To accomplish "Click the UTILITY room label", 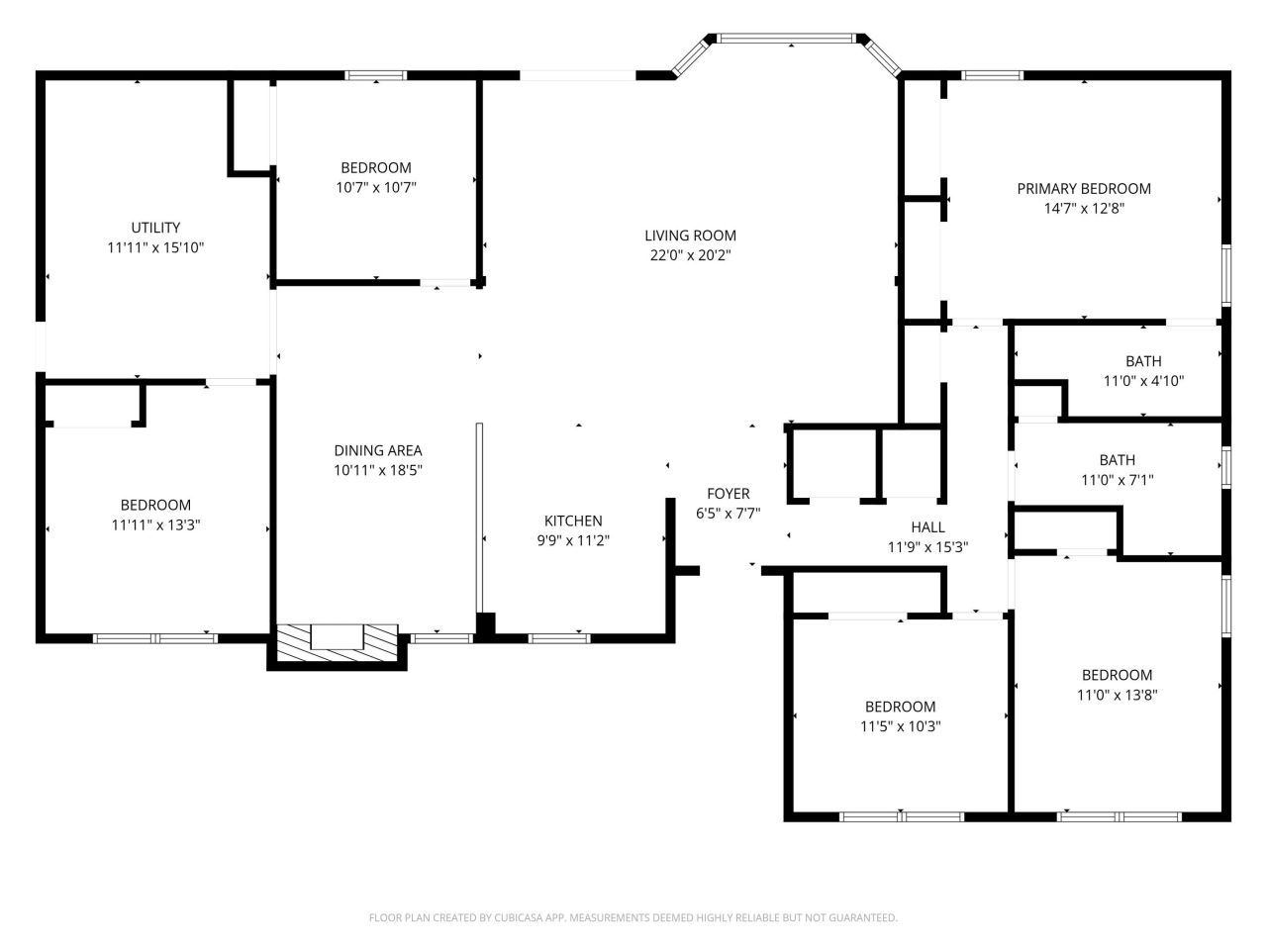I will coord(155,228).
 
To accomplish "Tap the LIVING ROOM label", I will coord(690,236).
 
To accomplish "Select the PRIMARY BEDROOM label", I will coord(1084,189).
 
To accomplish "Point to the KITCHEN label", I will coord(573,521).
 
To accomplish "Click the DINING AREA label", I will coord(378,450).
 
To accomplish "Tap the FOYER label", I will coord(728,494).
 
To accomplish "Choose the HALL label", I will coord(927,527).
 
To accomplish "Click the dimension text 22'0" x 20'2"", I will coord(690,255).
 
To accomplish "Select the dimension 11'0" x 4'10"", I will coord(1143,381).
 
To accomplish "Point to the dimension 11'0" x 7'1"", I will coord(1117,480).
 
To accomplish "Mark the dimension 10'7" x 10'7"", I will coord(375,187).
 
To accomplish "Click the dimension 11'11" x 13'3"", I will coord(155,524).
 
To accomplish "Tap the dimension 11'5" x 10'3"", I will coord(900,726).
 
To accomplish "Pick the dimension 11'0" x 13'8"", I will coord(1117,695).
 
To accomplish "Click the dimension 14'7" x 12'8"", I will coord(1084,209).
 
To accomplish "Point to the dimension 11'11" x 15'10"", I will coord(155,247).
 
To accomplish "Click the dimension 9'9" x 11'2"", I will coord(573,540).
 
